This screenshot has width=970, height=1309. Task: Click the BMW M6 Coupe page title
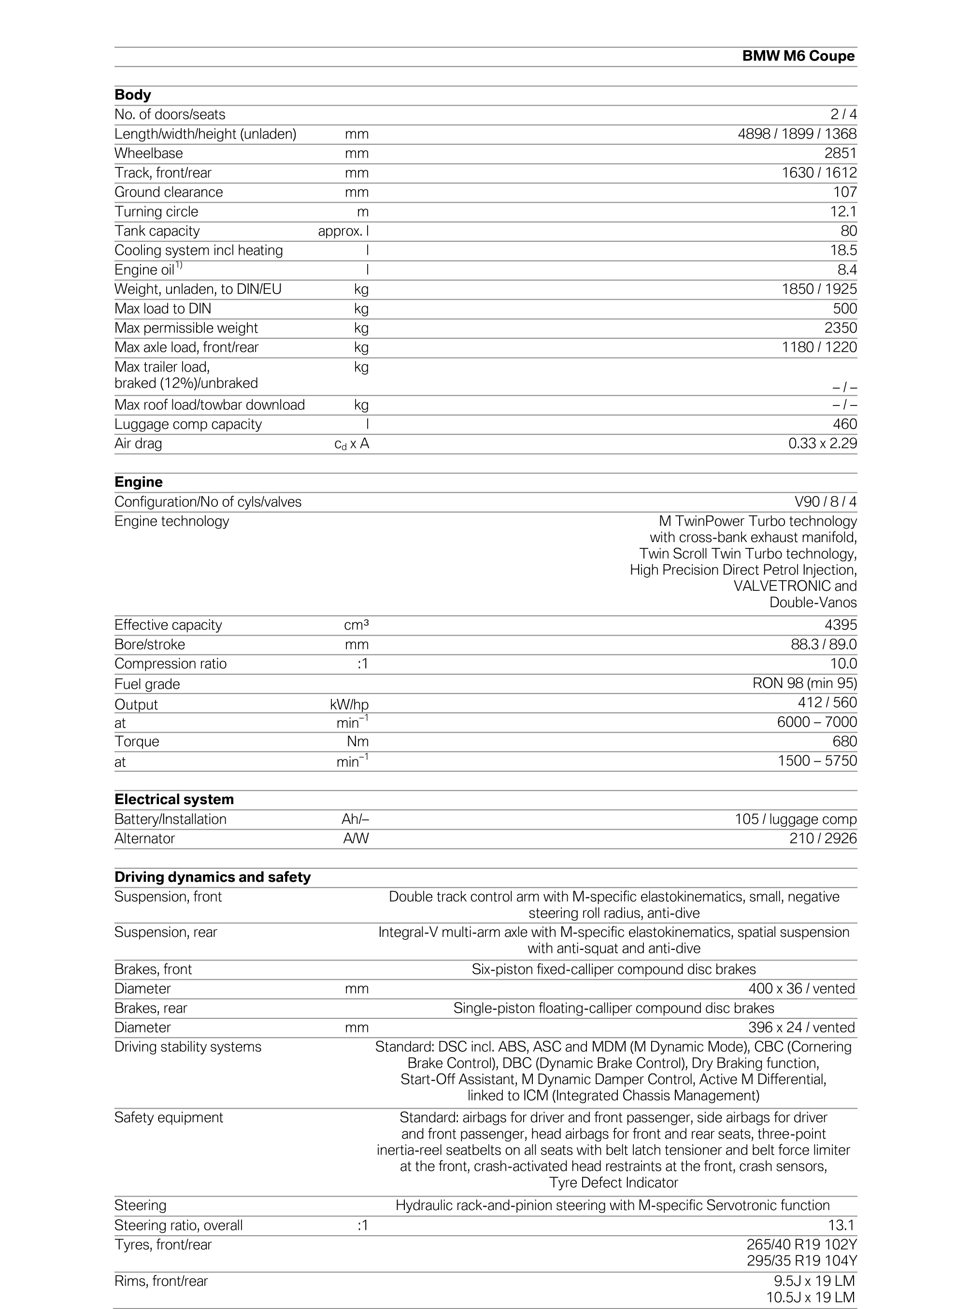[798, 56]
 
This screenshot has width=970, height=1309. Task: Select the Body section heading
[133, 95]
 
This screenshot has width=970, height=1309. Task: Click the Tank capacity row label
[157, 231]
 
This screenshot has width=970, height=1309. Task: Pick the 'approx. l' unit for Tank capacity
[343, 231]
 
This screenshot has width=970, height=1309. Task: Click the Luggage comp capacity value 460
[844, 424]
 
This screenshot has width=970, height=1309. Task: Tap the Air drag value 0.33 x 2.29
[822, 444]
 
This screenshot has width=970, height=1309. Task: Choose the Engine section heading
[139, 482]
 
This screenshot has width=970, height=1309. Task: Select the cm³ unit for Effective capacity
[357, 626]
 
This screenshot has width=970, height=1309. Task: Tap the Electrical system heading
[174, 800]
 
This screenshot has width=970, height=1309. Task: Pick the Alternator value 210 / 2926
[823, 838]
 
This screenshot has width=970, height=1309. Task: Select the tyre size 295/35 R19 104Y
[801, 1260]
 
